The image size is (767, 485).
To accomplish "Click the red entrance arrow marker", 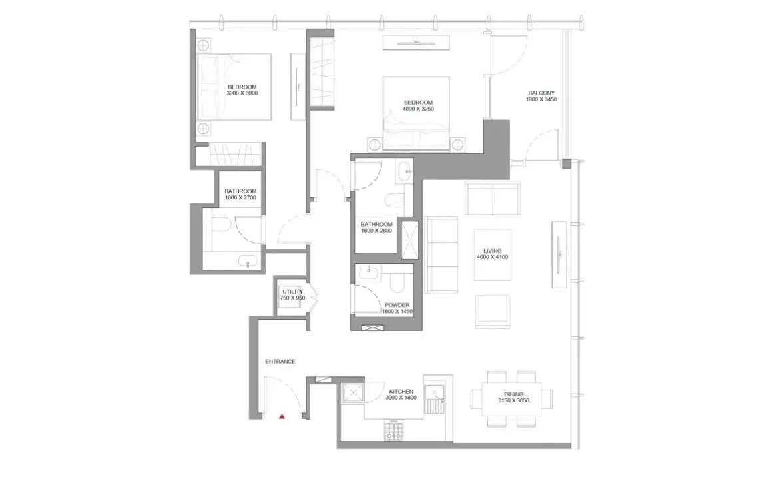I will (282, 416).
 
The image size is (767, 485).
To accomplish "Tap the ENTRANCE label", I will (280, 362).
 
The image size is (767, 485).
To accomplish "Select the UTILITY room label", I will (292, 295).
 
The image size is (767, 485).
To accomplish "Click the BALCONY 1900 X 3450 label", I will (541, 96).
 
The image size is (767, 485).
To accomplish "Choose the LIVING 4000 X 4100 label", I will (493, 254).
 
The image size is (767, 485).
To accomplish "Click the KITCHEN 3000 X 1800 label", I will (399, 394).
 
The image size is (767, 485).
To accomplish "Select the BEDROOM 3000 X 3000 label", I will (242, 90).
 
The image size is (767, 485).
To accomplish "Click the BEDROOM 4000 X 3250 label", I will (418, 105).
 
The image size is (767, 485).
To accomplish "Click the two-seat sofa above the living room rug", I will (493, 197).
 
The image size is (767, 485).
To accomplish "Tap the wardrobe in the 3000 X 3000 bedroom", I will (232, 154).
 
